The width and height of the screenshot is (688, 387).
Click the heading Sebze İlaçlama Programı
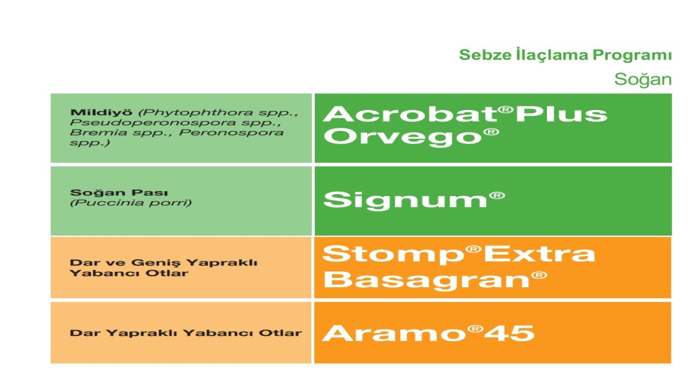coord(565,55)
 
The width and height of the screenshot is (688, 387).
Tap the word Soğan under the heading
coord(643,80)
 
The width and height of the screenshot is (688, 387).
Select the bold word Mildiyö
coord(101,112)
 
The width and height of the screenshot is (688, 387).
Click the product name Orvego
coord(402,136)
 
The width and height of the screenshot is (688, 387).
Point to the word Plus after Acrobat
coord(561,115)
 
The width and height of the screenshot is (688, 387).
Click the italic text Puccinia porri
coord(131,203)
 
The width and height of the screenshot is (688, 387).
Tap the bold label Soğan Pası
coord(119,193)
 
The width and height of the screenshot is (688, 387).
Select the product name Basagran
coord(427,280)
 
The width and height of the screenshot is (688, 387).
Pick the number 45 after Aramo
coord(509,333)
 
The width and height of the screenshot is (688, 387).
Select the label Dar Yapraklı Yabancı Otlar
coord(186,333)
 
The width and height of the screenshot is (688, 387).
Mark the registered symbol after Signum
coord(497,196)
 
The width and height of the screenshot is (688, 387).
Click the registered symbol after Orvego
coord(491,132)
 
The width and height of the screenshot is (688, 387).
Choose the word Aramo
coord(394,333)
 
